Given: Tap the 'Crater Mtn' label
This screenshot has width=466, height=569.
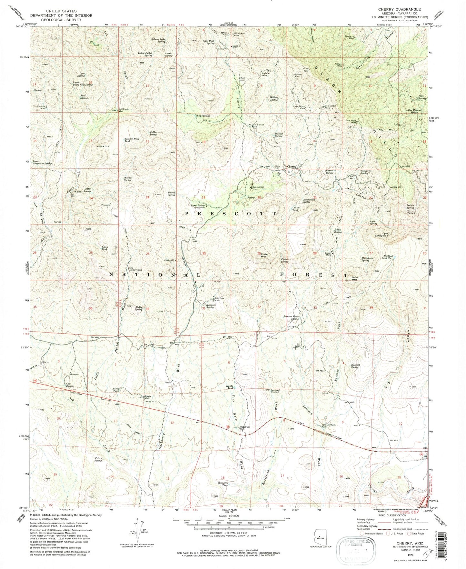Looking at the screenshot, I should (x=265, y=254).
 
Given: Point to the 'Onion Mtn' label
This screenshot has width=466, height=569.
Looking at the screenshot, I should (x=355, y=278).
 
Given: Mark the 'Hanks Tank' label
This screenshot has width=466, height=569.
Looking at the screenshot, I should (x=229, y=387).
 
